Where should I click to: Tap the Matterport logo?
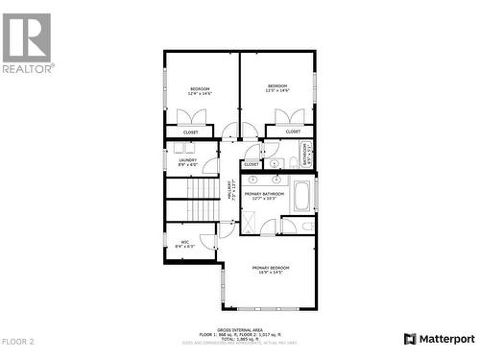440,338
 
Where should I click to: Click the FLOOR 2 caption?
17,341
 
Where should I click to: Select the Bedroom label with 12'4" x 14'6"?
200,90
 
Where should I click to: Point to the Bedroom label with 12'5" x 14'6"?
278,88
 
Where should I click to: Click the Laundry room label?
187,162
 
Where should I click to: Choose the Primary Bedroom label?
271,270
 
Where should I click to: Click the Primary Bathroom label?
264,196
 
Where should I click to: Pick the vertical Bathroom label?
308,154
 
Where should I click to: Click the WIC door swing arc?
207,241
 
